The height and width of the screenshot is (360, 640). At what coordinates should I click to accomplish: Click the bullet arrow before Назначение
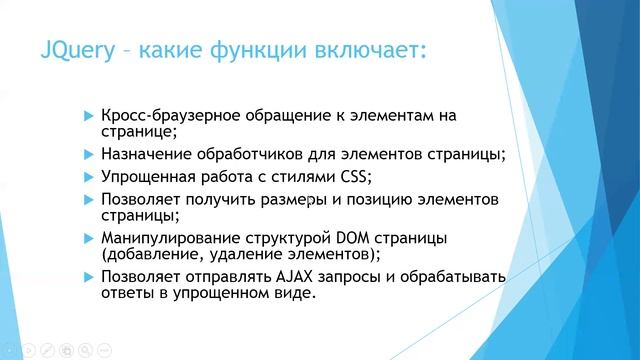pyautogui.click(x=89, y=155)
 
